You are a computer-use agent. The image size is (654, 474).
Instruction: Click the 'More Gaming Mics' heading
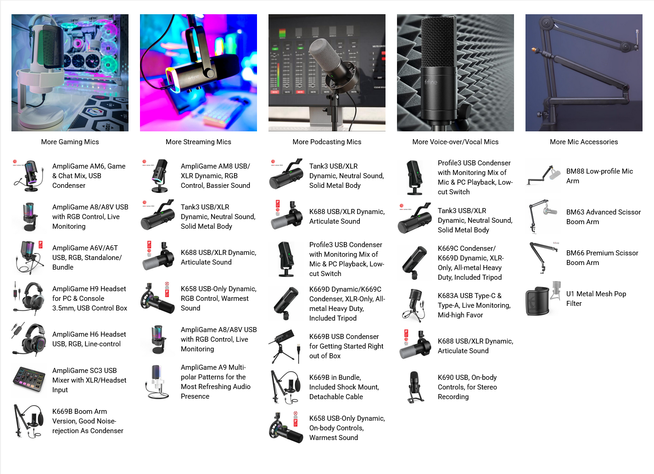(70, 142)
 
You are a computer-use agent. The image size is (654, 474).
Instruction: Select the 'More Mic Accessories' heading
(584, 142)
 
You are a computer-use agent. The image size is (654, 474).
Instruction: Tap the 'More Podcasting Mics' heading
(327, 142)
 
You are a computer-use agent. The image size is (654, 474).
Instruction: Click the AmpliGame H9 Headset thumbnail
(28, 299)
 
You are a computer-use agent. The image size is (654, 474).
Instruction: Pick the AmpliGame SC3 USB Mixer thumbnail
(29, 380)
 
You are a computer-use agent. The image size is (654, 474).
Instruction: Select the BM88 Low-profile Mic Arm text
(599, 176)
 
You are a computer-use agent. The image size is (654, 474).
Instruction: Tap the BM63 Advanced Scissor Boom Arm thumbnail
(543, 217)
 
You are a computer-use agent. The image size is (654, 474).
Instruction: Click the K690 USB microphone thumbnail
(414, 387)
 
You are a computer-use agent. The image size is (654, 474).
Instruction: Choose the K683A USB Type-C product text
(474, 305)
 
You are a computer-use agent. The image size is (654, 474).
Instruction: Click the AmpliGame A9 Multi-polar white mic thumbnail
(157, 382)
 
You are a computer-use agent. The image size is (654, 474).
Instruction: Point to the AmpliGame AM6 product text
(89, 175)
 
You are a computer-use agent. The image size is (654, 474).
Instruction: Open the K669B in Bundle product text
(344, 387)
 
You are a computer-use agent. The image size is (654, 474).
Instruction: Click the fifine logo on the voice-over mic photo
(430, 82)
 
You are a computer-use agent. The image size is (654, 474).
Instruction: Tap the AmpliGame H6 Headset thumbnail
(28, 339)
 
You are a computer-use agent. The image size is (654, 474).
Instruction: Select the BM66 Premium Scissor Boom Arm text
(602, 258)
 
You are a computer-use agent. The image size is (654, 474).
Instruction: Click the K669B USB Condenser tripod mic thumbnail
(286, 346)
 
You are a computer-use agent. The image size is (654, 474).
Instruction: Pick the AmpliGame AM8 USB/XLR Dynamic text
(215, 175)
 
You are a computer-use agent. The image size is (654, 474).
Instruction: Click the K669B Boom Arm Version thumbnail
(28, 421)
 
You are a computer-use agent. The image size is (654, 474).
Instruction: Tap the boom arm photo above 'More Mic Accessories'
(584, 73)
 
